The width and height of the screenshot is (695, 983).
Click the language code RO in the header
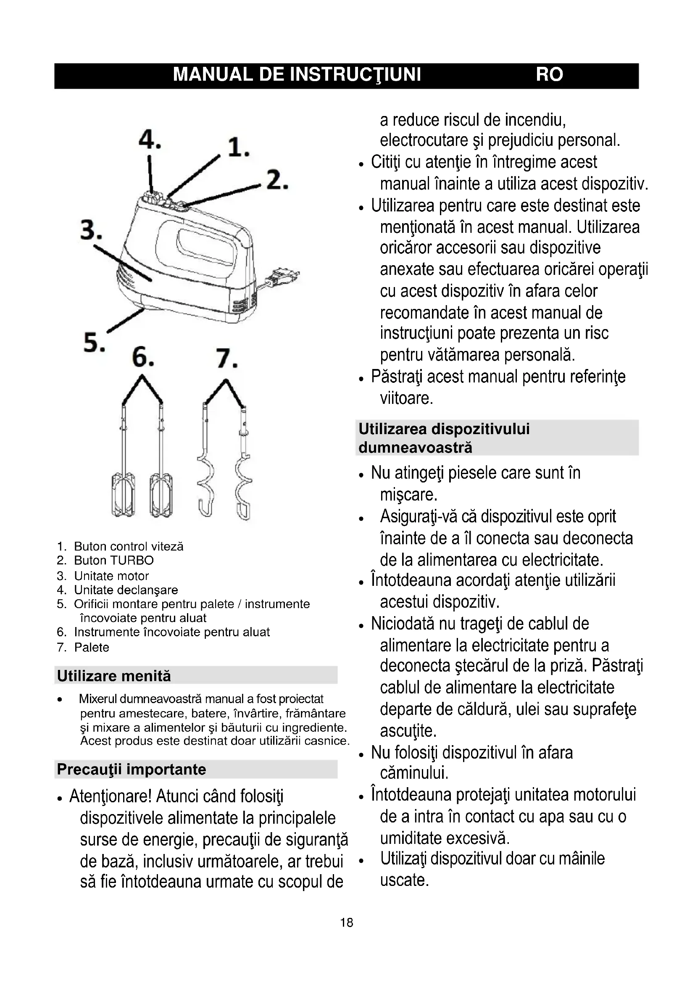[549, 75]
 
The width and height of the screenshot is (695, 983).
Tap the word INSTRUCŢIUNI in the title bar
[355, 75]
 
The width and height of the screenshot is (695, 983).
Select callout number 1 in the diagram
[238, 148]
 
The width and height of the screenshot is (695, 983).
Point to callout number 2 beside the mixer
[277, 180]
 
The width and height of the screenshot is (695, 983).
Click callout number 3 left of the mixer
[91, 230]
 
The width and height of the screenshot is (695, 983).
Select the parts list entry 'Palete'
[92, 647]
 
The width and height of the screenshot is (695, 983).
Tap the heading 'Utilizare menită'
[114, 676]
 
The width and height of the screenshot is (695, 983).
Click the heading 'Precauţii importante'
[132, 770]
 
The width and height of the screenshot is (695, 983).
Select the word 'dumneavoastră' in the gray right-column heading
[415, 448]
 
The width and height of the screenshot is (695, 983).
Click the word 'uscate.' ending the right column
[404, 880]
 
